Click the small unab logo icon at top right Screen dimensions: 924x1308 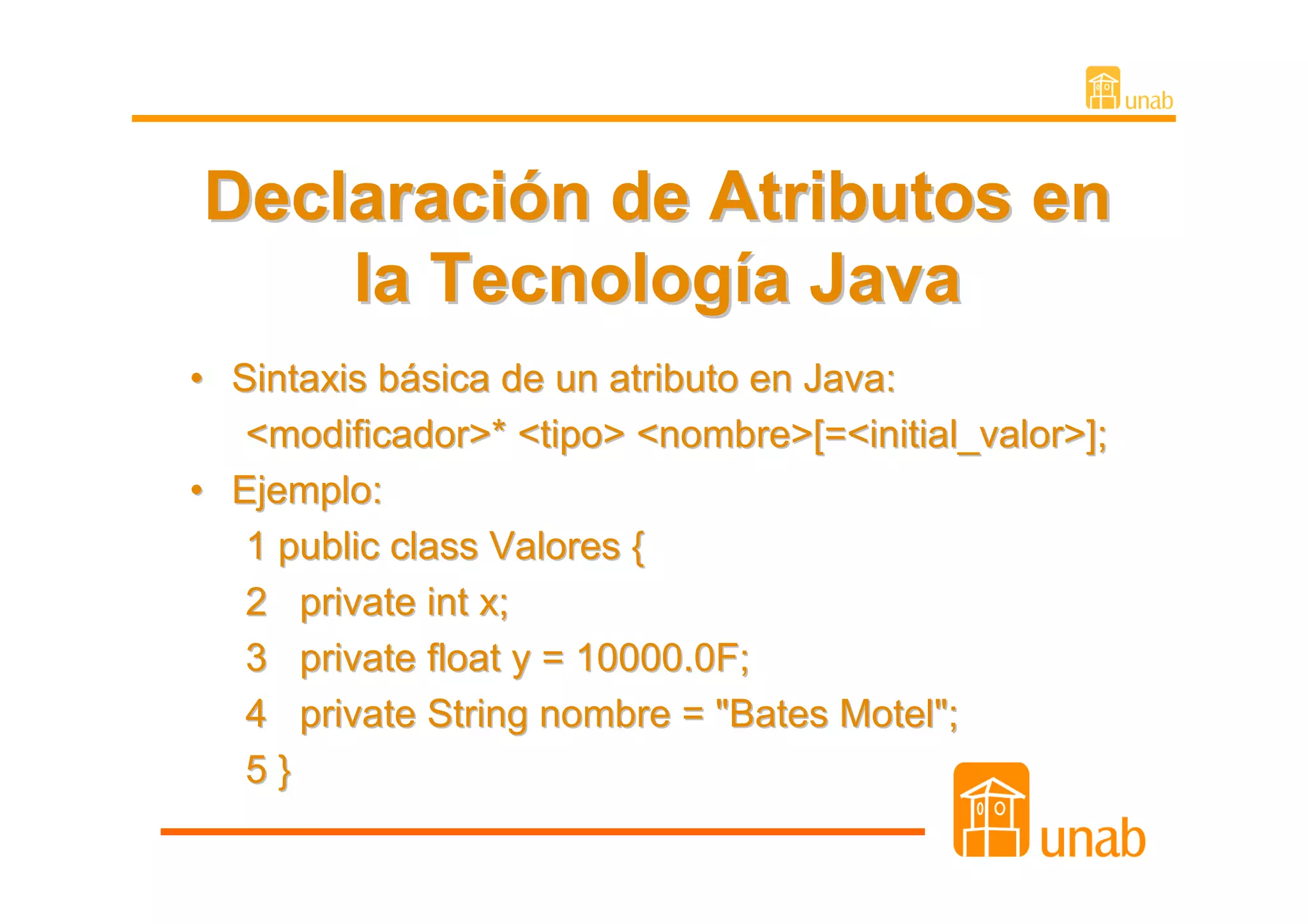click(x=1103, y=87)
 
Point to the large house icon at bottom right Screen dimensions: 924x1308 click(x=991, y=810)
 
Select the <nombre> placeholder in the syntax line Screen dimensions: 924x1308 click(x=725, y=435)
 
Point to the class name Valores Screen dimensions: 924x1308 click(x=554, y=547)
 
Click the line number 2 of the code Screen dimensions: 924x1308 click(x=257, y=602)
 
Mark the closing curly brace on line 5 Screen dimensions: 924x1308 click(x=285, y=771)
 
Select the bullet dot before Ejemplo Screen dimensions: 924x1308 click(x=197, y=490)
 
